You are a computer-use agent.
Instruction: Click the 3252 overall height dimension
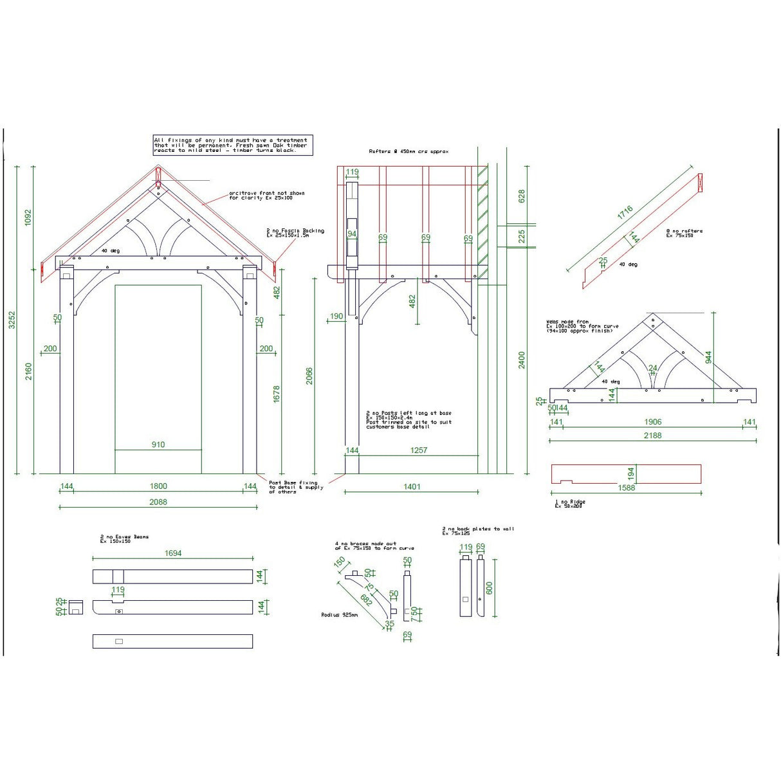pos(11,320)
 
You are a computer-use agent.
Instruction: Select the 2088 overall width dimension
pos(158,502)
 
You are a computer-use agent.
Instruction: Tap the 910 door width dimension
pos(158,445)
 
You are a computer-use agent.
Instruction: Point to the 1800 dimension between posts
pos(158,486)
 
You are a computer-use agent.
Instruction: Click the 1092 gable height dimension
pos(28,217)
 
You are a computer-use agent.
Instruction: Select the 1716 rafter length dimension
pos(625,213)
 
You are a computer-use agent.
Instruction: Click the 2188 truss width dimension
pos(652,436)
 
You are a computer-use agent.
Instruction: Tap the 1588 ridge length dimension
pos(626,488)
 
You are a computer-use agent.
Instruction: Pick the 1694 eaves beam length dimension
pos(173,553)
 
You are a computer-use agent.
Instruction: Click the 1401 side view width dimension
pos(412,486)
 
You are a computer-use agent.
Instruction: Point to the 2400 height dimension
pos(522,360)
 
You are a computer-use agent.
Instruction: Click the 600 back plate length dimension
pos(489,588)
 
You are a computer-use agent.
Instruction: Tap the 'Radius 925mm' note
pos(339,615)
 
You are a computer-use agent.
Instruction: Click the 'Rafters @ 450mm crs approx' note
pos(409,152)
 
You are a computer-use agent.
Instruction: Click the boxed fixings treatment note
pos(231,145)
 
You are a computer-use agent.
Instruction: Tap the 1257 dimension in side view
pos(419,450)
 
